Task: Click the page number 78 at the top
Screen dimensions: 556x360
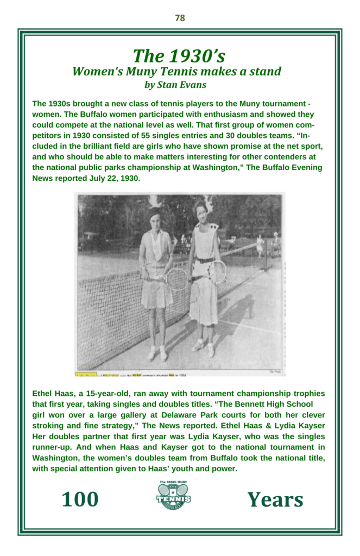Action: click(x=180, y=18)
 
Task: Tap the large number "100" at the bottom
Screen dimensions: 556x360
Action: click(x=80, y=499)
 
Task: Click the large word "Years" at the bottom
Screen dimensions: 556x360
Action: click(x=275, y=500)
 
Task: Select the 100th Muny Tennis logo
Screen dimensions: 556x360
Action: click(x=174, y=496)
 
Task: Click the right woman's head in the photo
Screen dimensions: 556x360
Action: click(x=201, y=208)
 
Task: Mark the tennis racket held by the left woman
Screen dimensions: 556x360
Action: click(x=175, y=279)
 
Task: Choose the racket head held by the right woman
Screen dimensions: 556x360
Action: click(x=217, y=271)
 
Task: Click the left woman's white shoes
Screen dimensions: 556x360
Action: click(x=157, y=353)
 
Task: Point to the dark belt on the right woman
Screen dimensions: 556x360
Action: click(x=204, y=260)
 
